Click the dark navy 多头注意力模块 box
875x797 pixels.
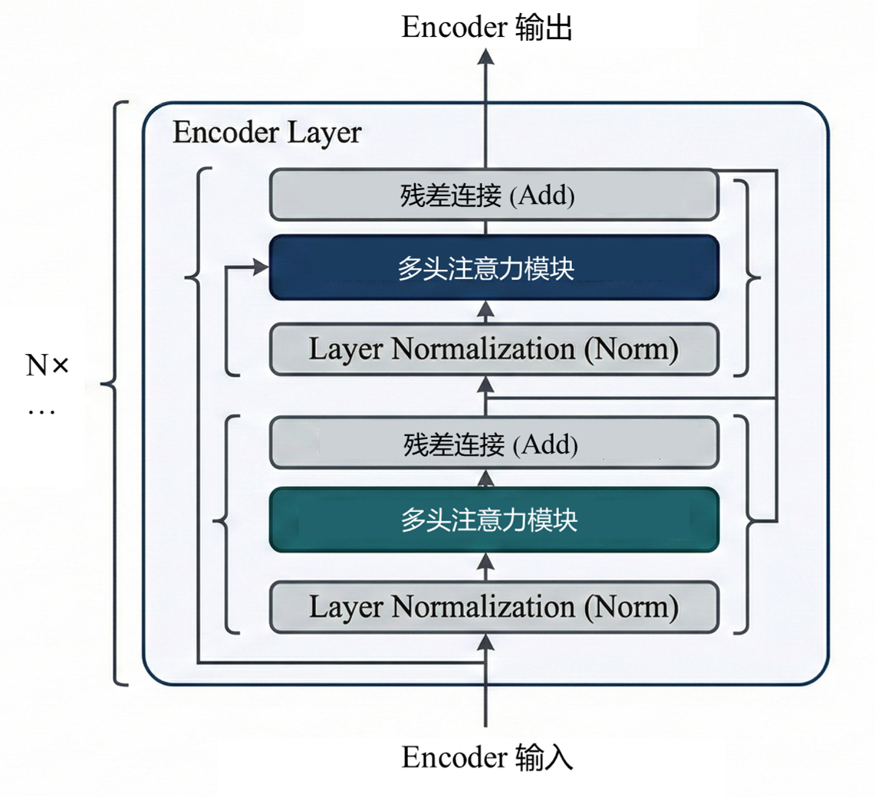click(493, 267)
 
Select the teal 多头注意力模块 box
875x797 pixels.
click(493, 520)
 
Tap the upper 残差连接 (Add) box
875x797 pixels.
click(493, 195)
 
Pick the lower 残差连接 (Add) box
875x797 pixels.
click(493, 444)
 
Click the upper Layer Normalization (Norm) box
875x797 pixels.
click(493, 349)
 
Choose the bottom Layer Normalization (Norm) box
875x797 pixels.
click(493, 607)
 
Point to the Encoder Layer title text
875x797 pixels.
click(266, 133)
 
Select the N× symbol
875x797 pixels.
click(48, 366)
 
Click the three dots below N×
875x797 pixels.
click(41, 412)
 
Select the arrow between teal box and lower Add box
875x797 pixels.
click(485, 478)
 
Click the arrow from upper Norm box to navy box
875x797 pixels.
click(485, 310)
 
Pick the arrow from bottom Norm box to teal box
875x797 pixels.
click(485, 566)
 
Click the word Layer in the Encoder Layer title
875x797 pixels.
click(324, 133)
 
